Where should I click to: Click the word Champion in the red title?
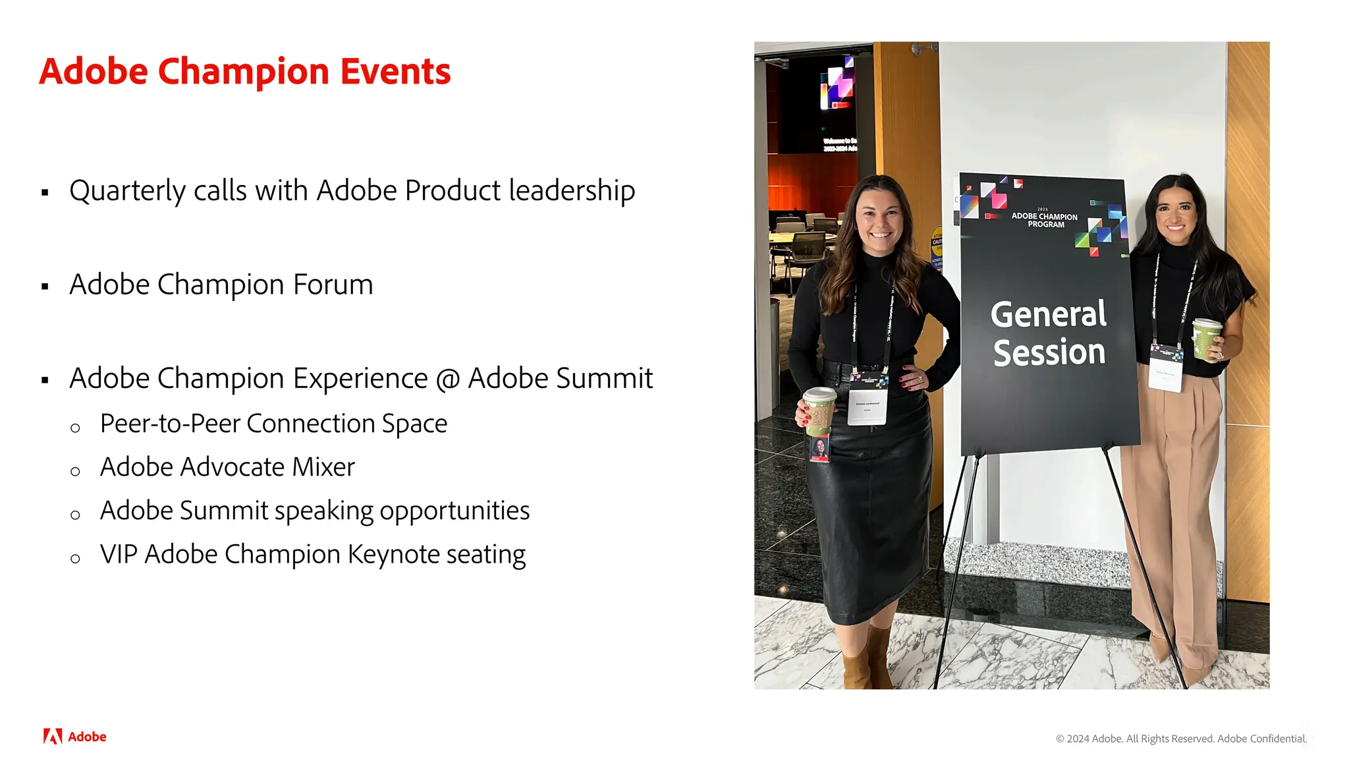[x=243, y=72]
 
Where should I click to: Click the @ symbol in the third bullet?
[x=447, y=379]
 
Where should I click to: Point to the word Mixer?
[x=323, y=467]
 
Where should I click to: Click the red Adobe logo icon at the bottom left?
[x=53, y=736]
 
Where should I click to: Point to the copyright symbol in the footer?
[x=1060, y=739]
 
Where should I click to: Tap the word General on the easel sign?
[x=1049, y=314]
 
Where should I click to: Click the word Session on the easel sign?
[x=1049, y=352]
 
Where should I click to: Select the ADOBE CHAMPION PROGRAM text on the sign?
[x=1045, y=220]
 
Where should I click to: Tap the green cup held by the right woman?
[x=1206, y=339]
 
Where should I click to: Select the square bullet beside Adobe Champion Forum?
[x=45, y=286]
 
